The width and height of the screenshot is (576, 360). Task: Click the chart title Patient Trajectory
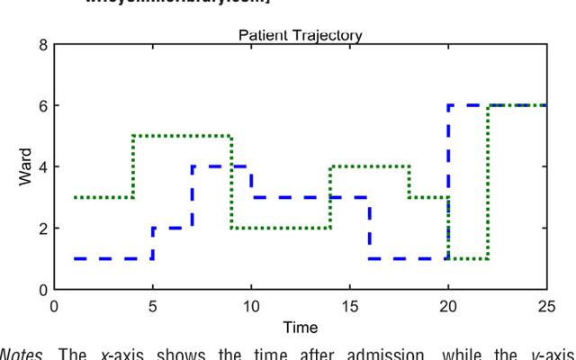(300, 35)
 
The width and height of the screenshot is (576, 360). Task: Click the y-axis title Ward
(25, 167)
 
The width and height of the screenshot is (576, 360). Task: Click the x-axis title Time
(300, 328)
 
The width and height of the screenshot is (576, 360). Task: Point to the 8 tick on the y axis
(43, 44)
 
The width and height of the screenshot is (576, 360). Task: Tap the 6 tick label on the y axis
(43, 105)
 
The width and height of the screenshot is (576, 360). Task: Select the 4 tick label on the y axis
(43, 166)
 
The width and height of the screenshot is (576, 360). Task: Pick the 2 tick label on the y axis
(43, 228)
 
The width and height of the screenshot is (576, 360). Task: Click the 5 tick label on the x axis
(152, 306)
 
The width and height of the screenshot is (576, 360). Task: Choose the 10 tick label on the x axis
(250, 306)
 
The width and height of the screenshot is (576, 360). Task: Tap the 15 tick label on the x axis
(349, 306)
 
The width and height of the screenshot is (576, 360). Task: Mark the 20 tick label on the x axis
(447, 306)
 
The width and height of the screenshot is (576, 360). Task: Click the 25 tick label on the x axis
(545, 306)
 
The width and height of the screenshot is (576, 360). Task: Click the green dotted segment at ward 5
(182, 136)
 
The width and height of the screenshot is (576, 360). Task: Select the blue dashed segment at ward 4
(221, 166)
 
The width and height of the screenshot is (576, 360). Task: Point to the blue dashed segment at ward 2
(173, 228)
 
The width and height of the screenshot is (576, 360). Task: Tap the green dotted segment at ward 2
(281, 228)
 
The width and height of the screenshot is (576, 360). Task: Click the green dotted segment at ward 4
(369, 166)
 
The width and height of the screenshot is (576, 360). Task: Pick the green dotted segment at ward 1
(468, 258)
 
